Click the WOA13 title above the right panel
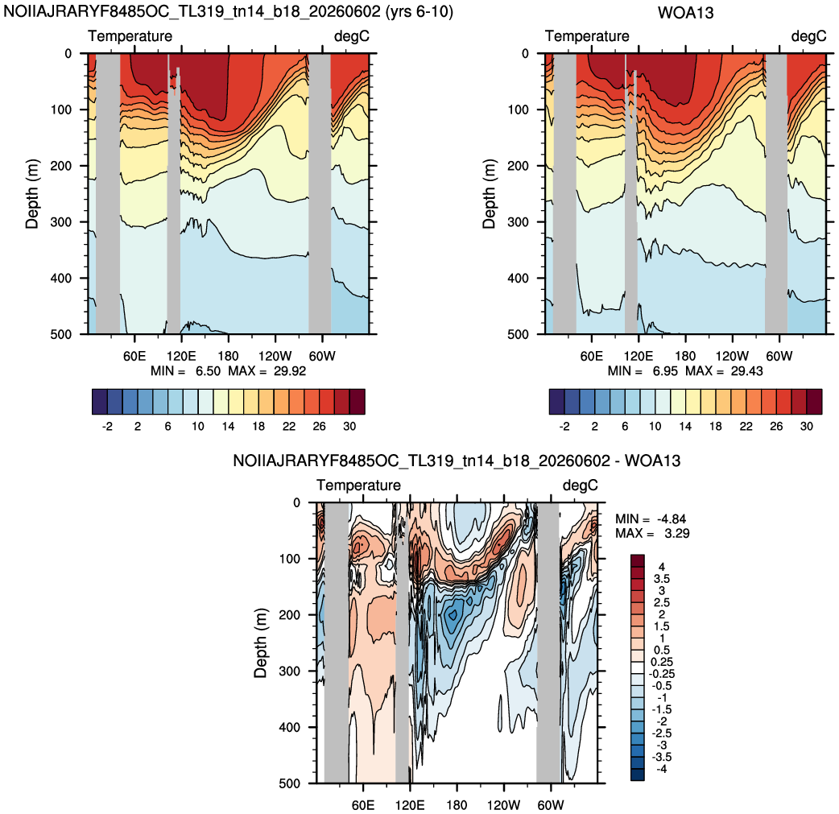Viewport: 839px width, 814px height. (685, 12)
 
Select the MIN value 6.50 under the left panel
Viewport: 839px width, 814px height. (208, 371)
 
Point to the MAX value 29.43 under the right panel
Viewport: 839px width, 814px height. (747, 371)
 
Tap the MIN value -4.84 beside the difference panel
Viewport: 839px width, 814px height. (671, 519)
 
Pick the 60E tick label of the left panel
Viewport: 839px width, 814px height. (134, 357)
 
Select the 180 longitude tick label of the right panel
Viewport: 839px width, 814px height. (685, 357)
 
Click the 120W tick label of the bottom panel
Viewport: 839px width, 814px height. (503, 805)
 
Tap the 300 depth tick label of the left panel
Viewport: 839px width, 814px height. (61, 222)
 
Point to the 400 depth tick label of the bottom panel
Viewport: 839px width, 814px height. (290, 727)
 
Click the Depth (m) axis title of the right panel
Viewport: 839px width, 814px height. (489, 194)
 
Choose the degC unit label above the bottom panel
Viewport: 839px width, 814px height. (580, 486)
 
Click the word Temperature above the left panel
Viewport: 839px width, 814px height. (130, 36)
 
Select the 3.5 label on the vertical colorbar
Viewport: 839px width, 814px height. (661, 579)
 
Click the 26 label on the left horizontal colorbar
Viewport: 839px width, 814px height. (319, 427)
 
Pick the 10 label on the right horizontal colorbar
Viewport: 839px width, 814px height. (655, 427)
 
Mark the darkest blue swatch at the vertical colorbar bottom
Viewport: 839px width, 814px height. (637, 775)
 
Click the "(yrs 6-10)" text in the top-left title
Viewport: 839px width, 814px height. (419, 12)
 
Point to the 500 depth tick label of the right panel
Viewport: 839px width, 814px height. (518, 334)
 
